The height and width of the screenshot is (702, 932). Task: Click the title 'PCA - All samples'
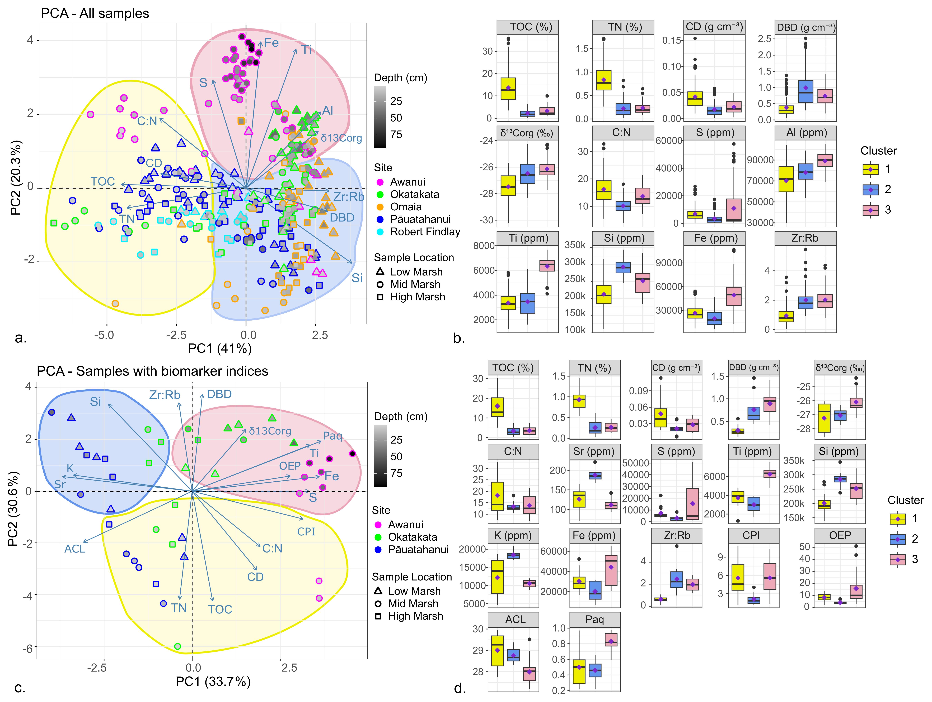click(x=95, y=13)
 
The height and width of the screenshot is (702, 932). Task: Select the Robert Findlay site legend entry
click(x=425, y=232)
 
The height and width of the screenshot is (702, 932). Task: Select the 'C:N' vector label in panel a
click(x=147, y=121)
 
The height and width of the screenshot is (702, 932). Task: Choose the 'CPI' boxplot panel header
click(x=751, y=535)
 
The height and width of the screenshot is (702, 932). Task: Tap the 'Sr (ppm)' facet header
click(x=594, y=452)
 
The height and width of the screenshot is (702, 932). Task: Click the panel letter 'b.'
click(x=459, y=338)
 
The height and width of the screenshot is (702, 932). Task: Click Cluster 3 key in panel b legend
click(x=870, y=210)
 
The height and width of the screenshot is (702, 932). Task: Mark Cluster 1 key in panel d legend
click(x=897, y=519)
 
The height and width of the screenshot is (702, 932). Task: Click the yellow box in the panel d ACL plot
click(x=497, y=650)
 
